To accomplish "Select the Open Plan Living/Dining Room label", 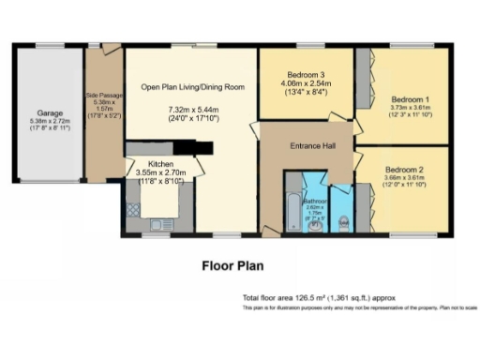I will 192,87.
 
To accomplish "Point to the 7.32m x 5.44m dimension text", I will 192,110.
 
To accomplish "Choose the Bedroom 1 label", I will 410,98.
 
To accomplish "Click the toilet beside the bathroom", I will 345,221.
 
